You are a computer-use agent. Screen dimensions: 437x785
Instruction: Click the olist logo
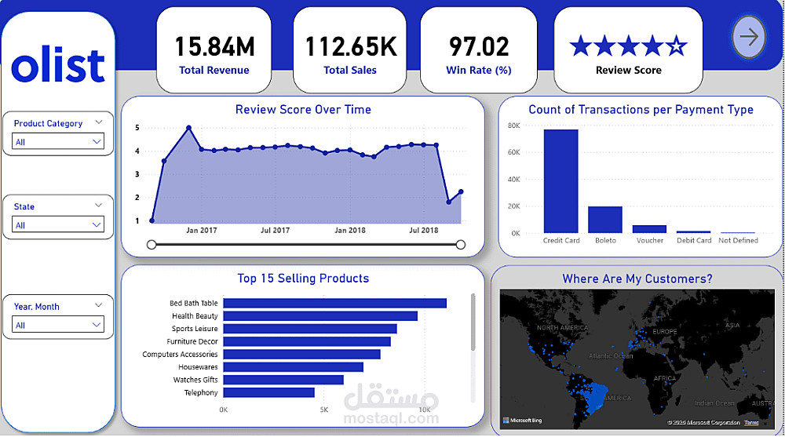(58, 67)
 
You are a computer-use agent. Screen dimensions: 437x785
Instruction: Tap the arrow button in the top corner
(749, 37)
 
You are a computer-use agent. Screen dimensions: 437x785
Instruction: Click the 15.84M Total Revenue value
(214, 47)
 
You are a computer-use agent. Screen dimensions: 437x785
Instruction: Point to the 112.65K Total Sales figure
(350, 47)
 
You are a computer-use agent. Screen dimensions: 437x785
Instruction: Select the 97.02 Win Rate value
(479, 47)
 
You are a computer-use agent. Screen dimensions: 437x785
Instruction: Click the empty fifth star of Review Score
(676, 46)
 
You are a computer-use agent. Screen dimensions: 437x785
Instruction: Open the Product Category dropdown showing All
(59, 142)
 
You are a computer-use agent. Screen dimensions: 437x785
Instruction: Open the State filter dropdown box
(59, 225)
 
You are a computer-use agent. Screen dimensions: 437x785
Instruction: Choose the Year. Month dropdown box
(59, 325)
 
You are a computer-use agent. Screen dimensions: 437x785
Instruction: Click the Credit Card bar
(560, 181)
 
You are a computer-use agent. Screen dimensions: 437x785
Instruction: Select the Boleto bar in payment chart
(605, 220)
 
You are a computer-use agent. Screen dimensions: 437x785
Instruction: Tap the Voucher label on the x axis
(650, 240)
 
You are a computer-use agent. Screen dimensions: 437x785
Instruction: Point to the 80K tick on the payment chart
(514, 126)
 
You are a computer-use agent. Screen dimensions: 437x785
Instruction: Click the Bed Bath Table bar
(334, 303)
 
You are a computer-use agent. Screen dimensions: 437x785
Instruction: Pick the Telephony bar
(268, 392)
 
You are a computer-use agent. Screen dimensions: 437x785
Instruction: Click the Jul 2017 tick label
(276, 231)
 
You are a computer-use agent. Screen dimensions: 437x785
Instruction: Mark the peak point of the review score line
(188, 127)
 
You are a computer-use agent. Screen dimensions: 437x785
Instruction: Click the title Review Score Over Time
(303, 110)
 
